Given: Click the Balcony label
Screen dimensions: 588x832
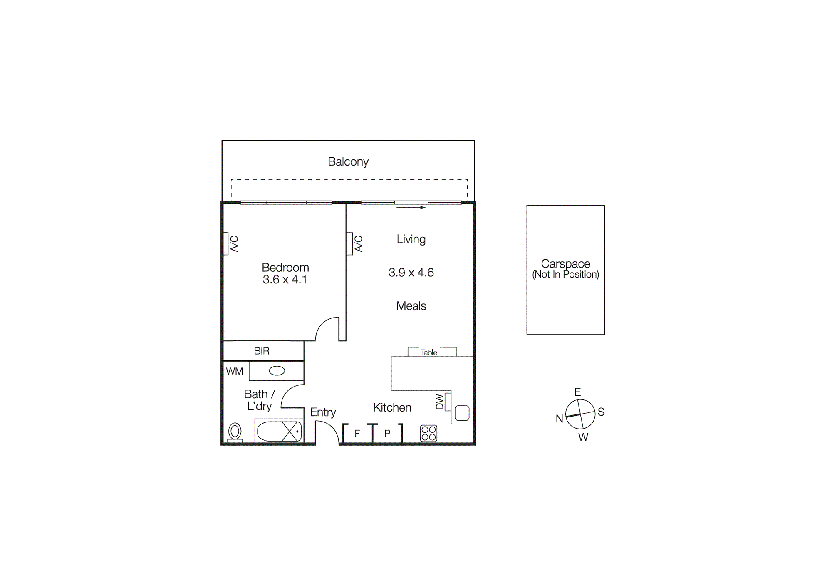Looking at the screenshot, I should tap(348, 161).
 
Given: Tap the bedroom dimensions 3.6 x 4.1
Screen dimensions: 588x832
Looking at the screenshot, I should tap(285, 280).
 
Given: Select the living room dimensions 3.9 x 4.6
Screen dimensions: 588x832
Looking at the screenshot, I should tap(411, 273).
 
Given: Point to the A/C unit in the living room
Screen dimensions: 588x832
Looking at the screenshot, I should tap(350, 243).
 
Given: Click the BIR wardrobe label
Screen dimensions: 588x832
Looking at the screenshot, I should tap(262, 351).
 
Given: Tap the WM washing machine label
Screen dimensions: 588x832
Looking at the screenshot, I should tap(234, 371).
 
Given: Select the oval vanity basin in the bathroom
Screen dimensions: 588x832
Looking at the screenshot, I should tap(277, 371).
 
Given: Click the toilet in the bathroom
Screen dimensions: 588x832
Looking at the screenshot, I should tap(235, 432).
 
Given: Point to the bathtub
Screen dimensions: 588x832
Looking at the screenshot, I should tap(279, 431).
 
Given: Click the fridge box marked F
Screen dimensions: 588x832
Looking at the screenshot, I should tap(357, 434).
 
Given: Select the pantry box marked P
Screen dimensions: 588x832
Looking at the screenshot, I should tap(387, 434).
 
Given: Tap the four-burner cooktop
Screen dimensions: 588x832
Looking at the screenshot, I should tap(428, 433).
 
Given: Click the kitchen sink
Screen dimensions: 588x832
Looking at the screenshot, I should tap(462, 413).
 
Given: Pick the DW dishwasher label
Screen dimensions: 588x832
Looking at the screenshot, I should tap(440, 402).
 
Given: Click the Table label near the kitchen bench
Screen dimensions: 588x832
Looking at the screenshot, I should tap(429, 352).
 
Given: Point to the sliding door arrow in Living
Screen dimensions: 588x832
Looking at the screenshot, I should tap(411, 208).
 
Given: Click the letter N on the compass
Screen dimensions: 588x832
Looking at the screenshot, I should tap(559, 419).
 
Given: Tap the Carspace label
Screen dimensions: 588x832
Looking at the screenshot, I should tap(565, 264).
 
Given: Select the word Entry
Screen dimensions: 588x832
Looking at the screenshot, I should tap(323, 412).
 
